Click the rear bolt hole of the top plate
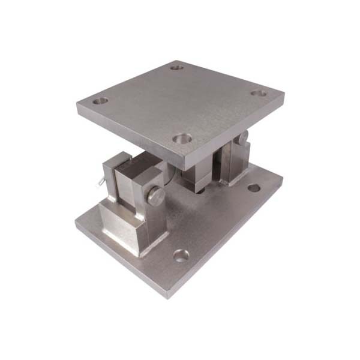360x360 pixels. [176, 68]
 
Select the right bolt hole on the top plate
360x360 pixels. [258, 94]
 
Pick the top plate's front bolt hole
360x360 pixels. [183, 139]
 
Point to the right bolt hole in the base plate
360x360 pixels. [254, 188]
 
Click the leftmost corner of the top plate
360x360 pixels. [77, 108]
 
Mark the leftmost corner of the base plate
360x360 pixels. [76, 223]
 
